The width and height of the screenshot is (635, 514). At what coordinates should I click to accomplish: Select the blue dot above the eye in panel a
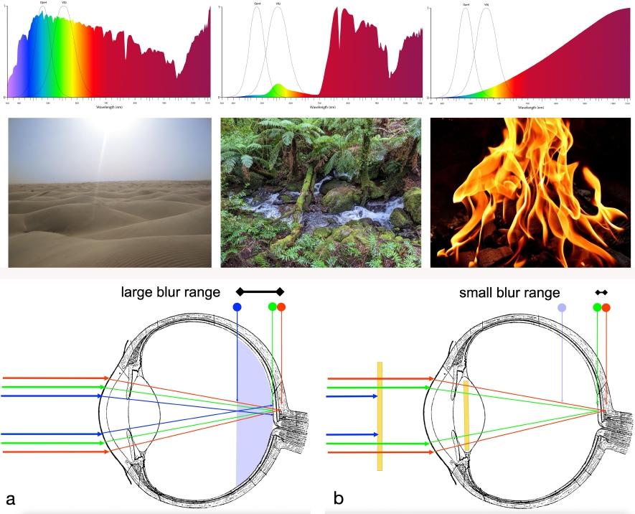tap(237, 307)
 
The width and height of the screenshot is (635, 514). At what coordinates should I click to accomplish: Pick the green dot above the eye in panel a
tap(273, 307)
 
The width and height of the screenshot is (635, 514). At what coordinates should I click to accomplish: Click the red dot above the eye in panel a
tap(281, 307)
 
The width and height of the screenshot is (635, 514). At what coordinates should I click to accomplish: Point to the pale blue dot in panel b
tap(563, 307)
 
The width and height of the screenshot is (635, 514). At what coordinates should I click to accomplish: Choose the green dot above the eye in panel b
tap(597, 307)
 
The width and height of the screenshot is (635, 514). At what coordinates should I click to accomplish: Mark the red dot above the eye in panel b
tap(606, 307)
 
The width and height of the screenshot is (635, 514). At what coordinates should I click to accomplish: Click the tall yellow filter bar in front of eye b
tap(380, 416)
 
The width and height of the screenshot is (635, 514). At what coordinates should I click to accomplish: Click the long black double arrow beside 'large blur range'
tap(260, 291)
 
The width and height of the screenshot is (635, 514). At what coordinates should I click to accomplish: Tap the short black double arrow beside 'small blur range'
tap(601, 291)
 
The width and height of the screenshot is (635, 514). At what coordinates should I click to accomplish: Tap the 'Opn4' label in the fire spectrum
tap(466, 5)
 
